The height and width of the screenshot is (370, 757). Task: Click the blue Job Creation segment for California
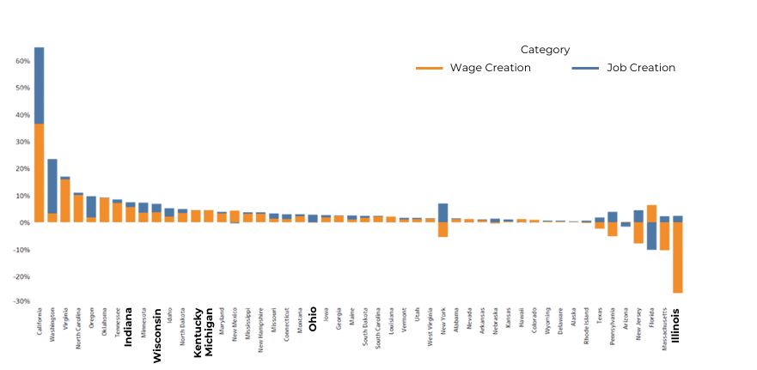[40, 85]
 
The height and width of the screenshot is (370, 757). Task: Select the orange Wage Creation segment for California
[40, 173]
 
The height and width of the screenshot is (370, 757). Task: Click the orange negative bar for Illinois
[677, 258]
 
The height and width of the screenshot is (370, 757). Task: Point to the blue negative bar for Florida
[651, 236]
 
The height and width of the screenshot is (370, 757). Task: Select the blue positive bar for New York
[443, 213]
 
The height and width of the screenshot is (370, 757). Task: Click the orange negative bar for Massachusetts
[664, 236]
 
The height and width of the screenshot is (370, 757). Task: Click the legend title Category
[545, 50]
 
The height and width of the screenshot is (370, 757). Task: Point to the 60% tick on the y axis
[22, 62]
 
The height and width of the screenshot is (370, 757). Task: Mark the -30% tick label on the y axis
[21, 302]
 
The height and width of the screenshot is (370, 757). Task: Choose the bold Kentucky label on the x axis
[197, 331]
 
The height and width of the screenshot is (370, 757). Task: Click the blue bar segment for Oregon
[91, 206]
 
